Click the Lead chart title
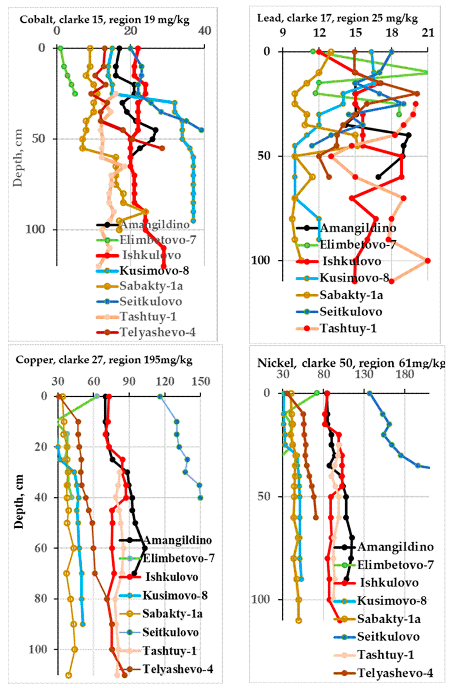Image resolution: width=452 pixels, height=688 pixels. [x=337, y=19]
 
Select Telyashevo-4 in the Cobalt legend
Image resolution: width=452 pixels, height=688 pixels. [x=158, y=332]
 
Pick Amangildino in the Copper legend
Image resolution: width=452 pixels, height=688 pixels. [x=177, y=540]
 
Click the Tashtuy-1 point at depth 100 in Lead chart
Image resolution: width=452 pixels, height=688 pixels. [x=428, y=261]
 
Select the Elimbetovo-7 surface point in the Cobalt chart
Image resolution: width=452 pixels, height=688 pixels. [x=60, y=48]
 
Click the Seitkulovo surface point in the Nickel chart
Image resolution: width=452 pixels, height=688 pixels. [x=369, y=393]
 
